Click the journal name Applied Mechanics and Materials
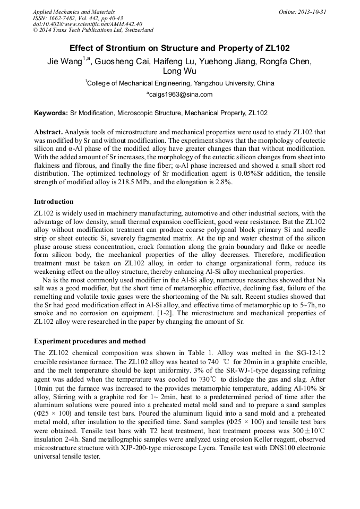click(x=74, y=12)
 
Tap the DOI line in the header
click(x=88, y=24)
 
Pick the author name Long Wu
click(x=179, y=71)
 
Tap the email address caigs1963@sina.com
click(x=181, y=94)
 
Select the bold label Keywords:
click(x=51, y=113)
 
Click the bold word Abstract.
click(x=48, y=131)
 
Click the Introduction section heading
click(x=54, y=202)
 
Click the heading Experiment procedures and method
click(x=90, y=341)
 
